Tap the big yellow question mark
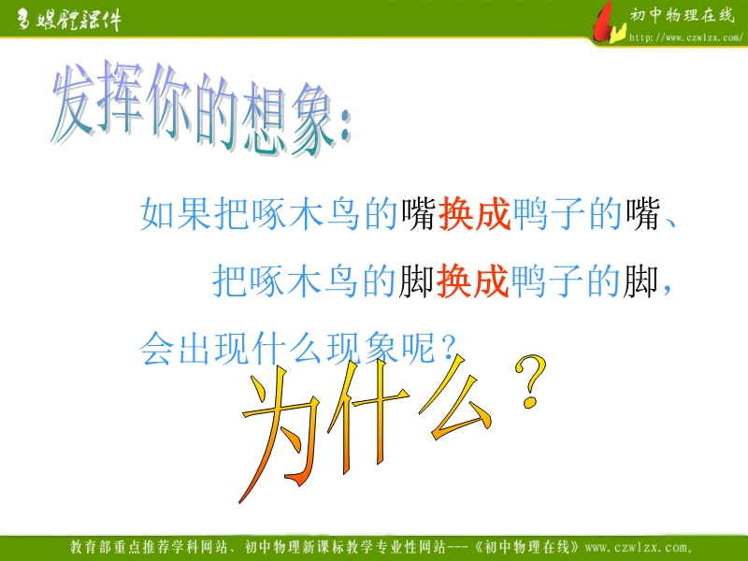[x=530, y=381]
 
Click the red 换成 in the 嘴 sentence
[x=474, y=214]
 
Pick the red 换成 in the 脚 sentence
[x=472, y=280]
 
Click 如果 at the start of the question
[x=176, y=214]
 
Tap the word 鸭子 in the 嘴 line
[x=548, y=214]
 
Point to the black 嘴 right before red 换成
[x=418, y=214]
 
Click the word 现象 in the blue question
[x=362, y=348]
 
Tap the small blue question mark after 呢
[x=448, y=347]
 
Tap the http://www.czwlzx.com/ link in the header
[x=686, y=37]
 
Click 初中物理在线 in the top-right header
[x=683, y=16]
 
